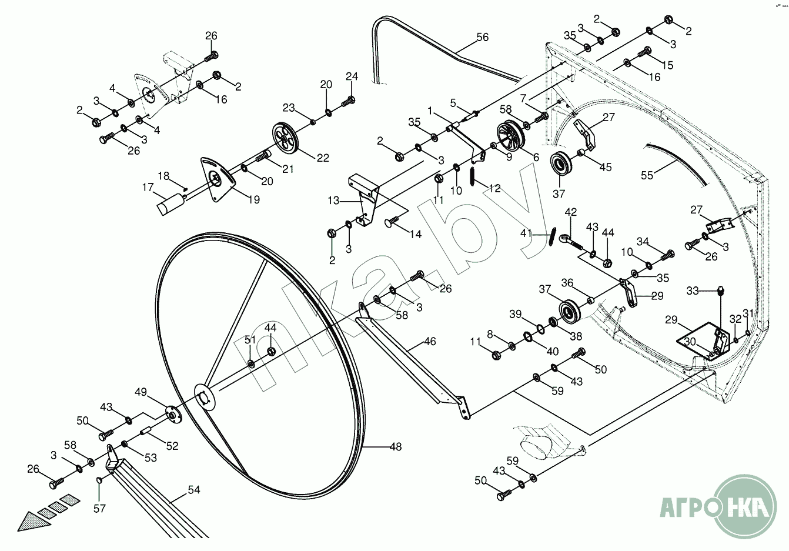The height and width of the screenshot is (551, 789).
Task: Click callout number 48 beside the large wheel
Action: [396, 447]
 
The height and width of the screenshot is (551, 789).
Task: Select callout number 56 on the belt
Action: [482, 37]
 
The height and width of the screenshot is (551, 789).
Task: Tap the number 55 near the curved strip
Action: [647, 175]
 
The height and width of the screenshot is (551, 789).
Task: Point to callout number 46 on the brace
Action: [430, 341]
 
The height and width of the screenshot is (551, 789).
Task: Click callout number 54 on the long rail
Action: [193, 489]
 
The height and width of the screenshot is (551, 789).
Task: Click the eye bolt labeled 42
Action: [566, 239]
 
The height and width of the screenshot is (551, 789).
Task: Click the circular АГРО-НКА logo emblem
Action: [748, 506]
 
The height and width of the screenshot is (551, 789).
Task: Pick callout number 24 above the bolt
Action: [352, 76]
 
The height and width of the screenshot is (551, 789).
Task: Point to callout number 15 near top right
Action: [667, 65]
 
